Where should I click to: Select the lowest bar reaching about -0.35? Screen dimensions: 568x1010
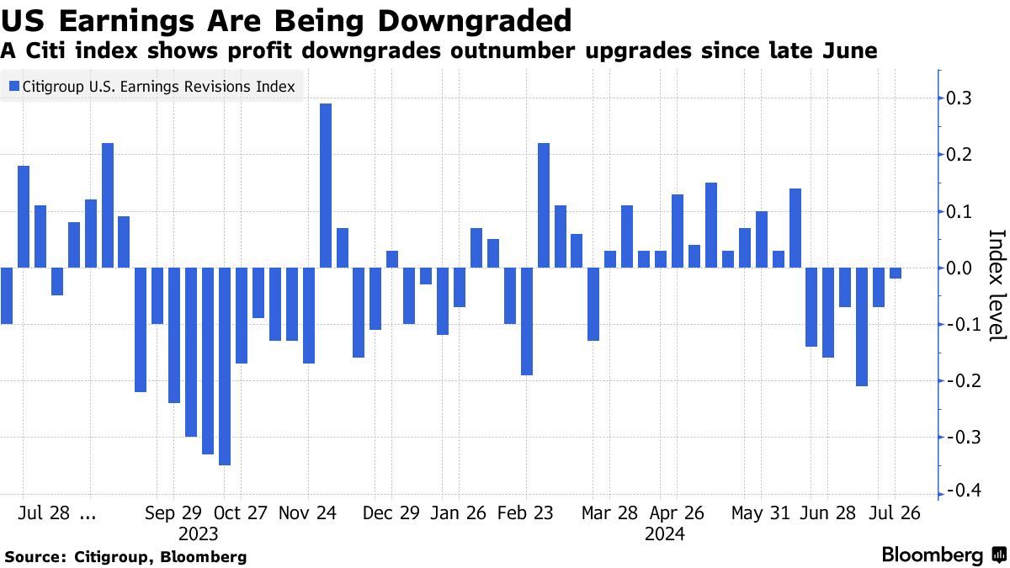tap(225, 366)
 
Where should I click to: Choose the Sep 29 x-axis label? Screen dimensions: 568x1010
tap(173, 512)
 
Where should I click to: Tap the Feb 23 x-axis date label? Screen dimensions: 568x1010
tap(525, 512)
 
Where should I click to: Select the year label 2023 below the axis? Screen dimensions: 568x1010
tap(199, 533)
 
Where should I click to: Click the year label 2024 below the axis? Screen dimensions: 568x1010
tap(665, 533)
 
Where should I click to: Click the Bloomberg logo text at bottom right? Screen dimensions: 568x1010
tap(933, 555)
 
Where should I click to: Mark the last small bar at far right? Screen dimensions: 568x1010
tap(896, 273)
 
